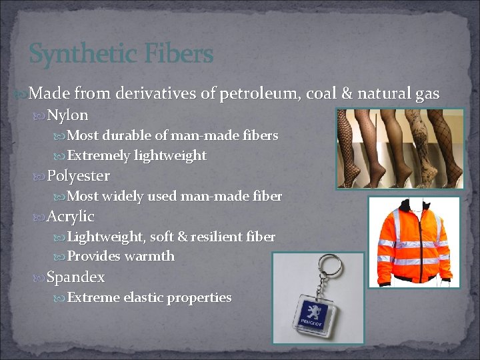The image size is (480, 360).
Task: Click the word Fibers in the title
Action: coord(177,54)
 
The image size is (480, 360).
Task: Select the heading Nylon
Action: coord(68,115)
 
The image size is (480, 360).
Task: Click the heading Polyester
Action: coord(78,176)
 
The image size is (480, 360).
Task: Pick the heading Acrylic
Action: coord(71,217)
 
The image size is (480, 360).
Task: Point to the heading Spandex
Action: coord(76,277)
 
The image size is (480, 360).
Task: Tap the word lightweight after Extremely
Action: coord(170,155)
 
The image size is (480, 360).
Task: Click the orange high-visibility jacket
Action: coord(413,241)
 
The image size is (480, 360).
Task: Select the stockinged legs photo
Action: coord(399,148)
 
